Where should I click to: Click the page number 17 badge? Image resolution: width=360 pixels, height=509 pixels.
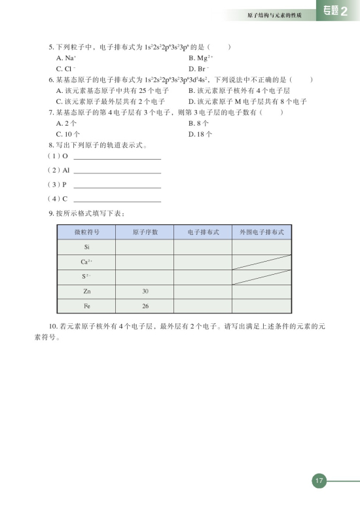[x=319, y=481]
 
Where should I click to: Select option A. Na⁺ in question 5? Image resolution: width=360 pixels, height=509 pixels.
[x=65, y=58]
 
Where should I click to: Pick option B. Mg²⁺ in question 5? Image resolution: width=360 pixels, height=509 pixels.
[x=199, y=58]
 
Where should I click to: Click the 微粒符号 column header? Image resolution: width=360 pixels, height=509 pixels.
[x=87, y=232]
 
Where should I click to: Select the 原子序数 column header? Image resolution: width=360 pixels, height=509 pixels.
[x=145, y=232]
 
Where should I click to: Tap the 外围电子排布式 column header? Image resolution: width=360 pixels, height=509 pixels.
[x=261, y=232]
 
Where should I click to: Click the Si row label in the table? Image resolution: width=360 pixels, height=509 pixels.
[x=87, y=247]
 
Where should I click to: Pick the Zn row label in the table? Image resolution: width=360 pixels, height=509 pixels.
[x=87, y=291]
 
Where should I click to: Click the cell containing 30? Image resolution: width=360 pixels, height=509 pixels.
[x=145, y=291]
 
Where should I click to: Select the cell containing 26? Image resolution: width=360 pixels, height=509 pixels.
[x=145, y=306]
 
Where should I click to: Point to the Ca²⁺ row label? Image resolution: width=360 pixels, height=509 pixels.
[x=87, y=262]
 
